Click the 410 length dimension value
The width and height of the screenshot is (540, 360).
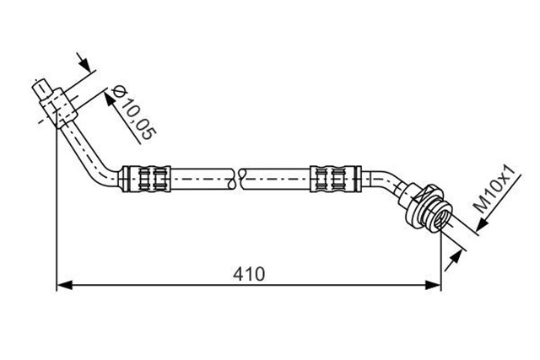pyautogui.click(x=249, y=274)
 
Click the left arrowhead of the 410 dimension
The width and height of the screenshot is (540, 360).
pyautogui.click(x=64, y=285)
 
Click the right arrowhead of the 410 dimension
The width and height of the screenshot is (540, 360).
pyautogui.click(x=433, y=285)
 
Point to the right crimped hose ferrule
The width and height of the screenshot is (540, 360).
pyautogui.click(x=336, y=179)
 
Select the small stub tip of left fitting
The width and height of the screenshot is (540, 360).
pyautogui.click(x=41, y=89)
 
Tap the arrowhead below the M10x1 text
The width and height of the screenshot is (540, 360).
pyautogui.click(x=483, y=223)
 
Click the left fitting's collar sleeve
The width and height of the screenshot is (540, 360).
pyautogui.click(x=59, y=106)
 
